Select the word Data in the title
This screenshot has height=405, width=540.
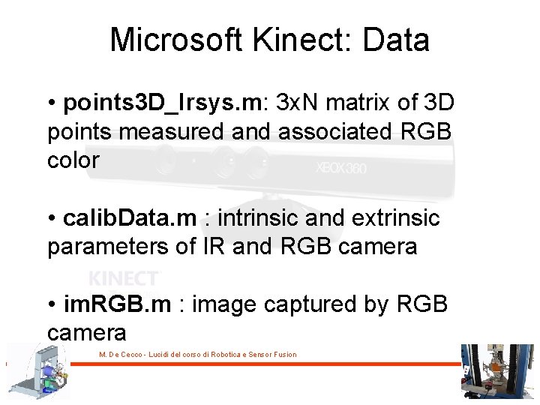tap(396, 40)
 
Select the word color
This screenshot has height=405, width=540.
tap(73, 160)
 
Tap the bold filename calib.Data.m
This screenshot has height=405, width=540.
tap(130, 218)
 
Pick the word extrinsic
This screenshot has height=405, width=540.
tap(397, 218)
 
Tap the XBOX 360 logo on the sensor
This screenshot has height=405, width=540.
tap(342, 168)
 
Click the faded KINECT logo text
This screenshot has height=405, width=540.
tap(124, 279)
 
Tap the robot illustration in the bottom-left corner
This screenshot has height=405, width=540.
tap(37, 372)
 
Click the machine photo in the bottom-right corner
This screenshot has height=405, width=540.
tap(496, 372)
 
